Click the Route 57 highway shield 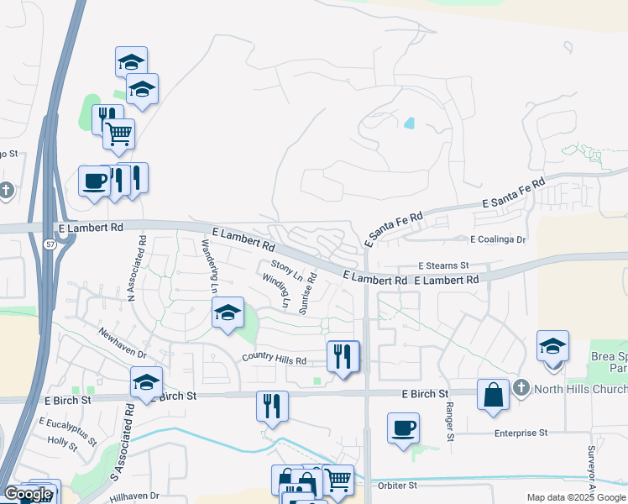[x=50, y=243]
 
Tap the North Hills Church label [x=579, y=388]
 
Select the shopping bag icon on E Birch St [x=493, y=395]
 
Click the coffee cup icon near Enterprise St [x=403, y=428]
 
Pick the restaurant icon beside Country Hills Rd [x=343, y=356]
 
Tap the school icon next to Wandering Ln [x=227, y=313]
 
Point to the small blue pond [x=409, y=123]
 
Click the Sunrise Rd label [x=310, y=291]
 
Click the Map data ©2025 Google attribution [x=577, y=497]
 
